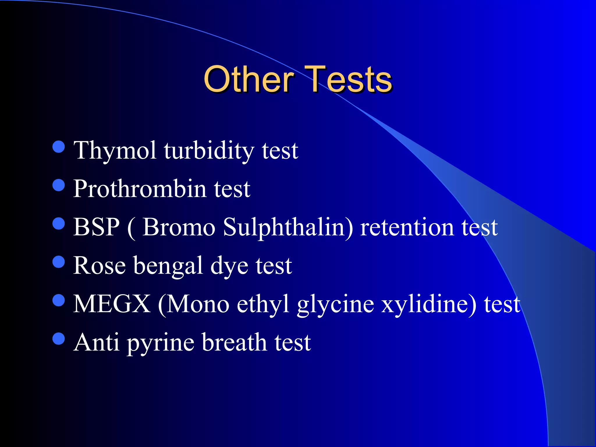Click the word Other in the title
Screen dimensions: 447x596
click(249, 79)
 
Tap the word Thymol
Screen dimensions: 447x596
click(115, 151)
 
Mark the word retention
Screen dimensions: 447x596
click(407, 228)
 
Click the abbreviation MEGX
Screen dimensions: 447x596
click(112, 304)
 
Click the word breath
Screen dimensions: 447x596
click(234, 342)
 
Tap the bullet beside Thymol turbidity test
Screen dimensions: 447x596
click(59, 147)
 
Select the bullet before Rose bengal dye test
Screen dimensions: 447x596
click(59, 262)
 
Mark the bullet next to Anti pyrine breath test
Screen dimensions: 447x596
click(59, 338)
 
